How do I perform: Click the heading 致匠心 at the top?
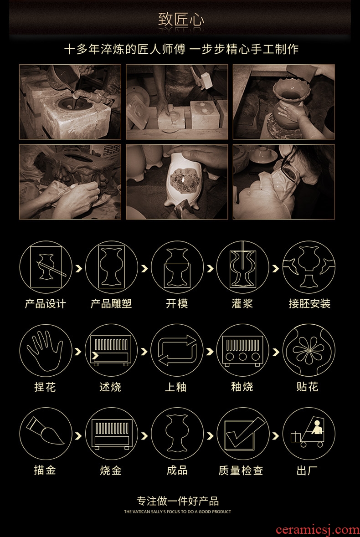tap(181, 20)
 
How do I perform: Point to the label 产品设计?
tap(45, 303)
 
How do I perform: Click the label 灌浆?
tap(242, 303)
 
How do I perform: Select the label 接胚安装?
tap(309, 303)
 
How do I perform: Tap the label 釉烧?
tap(242, 387)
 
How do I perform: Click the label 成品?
tap(177, 470)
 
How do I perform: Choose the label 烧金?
tap(111, 470)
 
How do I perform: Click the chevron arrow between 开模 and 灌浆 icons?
tap(211, 269)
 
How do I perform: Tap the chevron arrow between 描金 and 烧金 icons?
tap(79, 435)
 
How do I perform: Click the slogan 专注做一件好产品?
tap(177, 501)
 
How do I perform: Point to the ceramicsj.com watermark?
tap(318, 529)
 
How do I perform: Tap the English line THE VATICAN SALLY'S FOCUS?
tap(177, 511)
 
